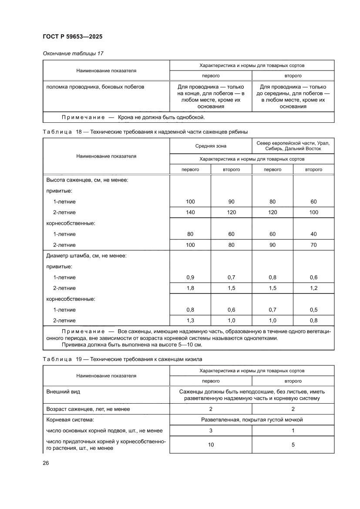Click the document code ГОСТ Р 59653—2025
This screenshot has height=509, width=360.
tap(72, 37)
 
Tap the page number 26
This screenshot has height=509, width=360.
tap(46, 462)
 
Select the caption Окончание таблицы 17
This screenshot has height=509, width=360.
tap(73, 54)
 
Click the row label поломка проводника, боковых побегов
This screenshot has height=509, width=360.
tap(95, 87)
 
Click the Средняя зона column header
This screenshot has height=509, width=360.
tap(211, 146)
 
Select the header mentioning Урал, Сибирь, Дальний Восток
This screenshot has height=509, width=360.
tap(293, 146)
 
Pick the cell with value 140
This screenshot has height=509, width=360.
tap(190, 212)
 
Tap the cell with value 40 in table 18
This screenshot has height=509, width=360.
tap(313, 234)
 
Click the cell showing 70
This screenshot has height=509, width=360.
tap(313, 245)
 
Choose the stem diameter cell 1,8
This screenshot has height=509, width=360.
tap(190, 288)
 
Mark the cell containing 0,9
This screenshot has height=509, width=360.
tap(190, 277)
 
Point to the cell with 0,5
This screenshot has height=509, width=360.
tap(313, 310)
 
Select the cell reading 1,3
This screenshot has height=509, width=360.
tap(190, 320)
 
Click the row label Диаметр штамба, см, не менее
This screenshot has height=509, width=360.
tap(87, 256)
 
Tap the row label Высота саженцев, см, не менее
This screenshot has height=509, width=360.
tap(87, 180)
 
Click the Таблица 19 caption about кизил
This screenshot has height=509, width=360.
tap(123, 359)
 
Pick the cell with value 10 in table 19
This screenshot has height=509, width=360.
tap(211, 445)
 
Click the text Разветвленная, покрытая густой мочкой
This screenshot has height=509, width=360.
tap(252, 420)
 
